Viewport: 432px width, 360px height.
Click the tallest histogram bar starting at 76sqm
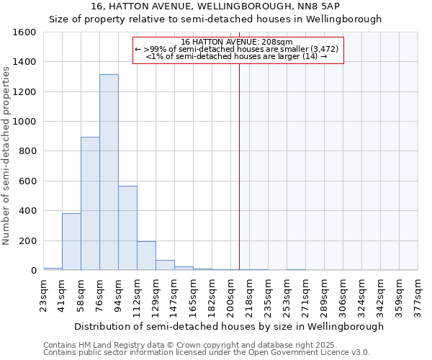coord(109,173)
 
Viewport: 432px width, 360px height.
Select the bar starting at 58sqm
coord(90,204)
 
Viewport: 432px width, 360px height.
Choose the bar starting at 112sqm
coord(146,256)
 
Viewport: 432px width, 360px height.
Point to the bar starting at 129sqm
coord(165,265)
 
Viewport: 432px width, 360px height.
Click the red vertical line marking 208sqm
coord(239,166)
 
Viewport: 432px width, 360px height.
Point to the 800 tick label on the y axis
coord(27,151)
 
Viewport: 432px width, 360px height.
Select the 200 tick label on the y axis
coord(27,240)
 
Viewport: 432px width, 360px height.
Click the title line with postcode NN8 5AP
coord(215,6)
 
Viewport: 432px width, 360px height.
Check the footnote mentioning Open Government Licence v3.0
coord(207,353)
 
